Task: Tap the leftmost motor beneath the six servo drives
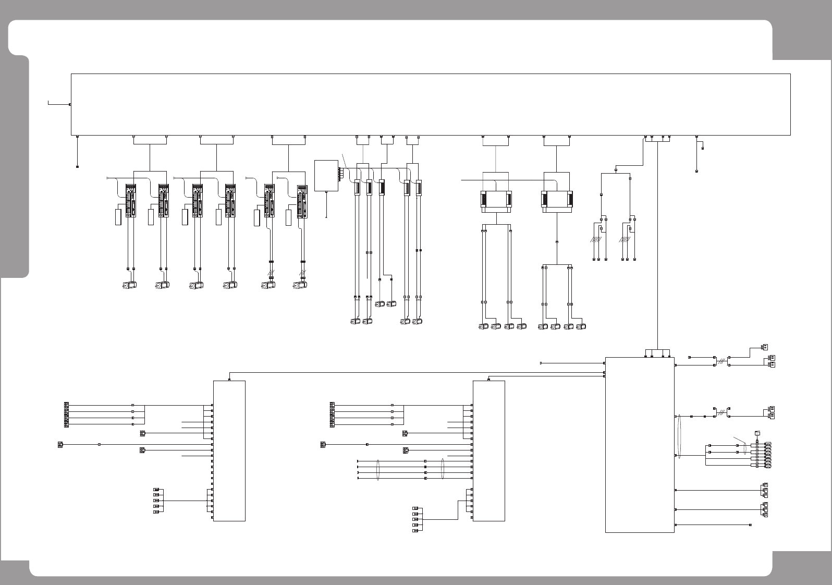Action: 129,285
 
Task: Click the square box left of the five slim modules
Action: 326,176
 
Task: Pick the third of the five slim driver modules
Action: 382,188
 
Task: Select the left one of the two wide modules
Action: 495,199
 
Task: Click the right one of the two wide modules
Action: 557,199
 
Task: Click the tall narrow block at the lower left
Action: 229,450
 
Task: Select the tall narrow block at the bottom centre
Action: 488,450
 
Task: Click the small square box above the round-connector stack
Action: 757,433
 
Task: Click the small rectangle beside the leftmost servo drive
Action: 118,217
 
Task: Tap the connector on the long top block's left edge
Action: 70,105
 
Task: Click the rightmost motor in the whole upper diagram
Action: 581,327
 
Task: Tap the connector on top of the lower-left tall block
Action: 230,380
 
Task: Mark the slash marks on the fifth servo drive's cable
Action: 271,273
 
